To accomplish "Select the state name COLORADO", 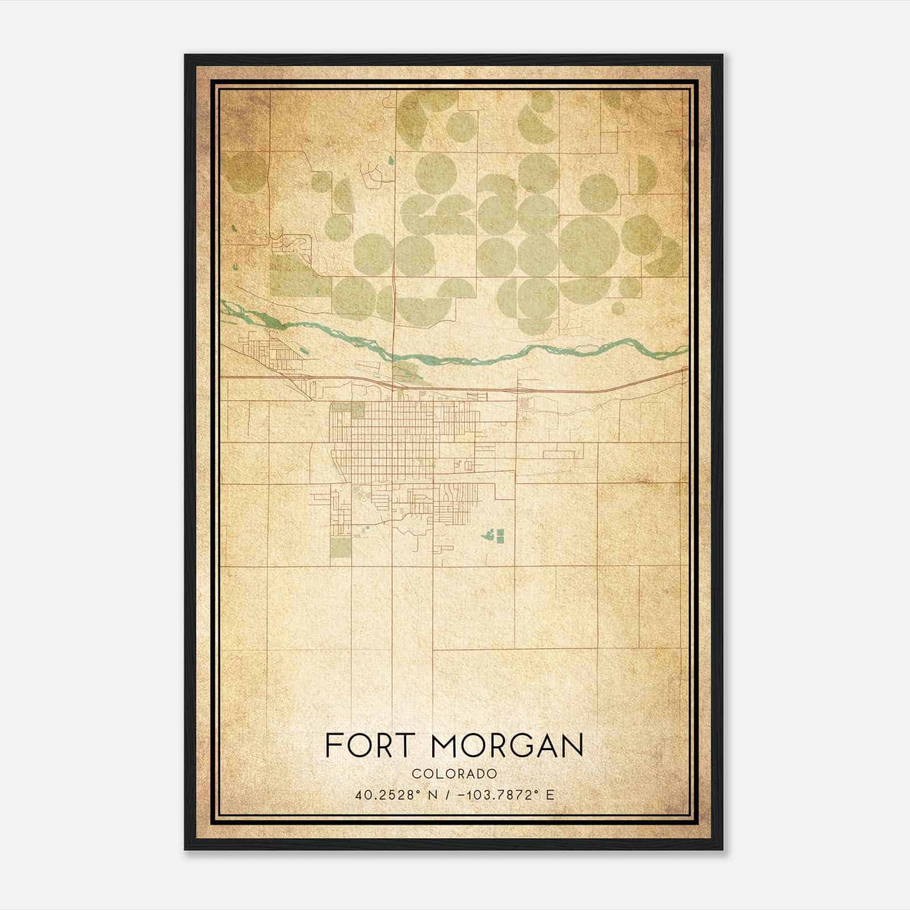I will point(454,774).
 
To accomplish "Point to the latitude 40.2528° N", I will point(397,795).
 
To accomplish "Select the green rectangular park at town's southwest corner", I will point(341,547).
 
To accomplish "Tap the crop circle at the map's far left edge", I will point(246,172).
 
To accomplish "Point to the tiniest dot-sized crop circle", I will point(628,283).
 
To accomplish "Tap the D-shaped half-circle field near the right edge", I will point(647,173).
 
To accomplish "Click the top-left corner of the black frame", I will point(185,55).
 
